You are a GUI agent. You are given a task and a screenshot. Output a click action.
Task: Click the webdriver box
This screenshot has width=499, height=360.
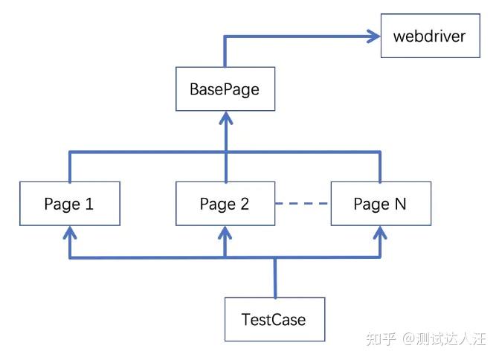pyautogui.click(x=431, y=36)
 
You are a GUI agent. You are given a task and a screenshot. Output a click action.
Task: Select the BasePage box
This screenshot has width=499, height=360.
pyautogui.click(x=225, y=89)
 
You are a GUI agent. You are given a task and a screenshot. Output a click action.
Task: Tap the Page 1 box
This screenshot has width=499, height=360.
pyautogui.click(x=70, y=204)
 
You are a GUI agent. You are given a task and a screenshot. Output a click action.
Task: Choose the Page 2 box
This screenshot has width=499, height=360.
pyautogui.click(x=225, y=204)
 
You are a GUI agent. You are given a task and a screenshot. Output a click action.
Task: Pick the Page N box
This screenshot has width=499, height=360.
pyautogui.click(x=381, y=204)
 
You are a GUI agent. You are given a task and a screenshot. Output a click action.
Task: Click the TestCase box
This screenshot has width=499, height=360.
pyautogui.click(x=274, y=319)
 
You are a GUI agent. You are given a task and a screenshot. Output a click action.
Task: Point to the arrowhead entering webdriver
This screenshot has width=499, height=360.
pyautogui.click(x=373, y=36)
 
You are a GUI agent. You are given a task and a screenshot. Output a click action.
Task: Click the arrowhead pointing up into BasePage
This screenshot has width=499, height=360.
pyautogui.click(x=226, y=118)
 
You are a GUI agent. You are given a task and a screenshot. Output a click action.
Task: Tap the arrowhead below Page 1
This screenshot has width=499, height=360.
pyautogui.click(x=70, y=233)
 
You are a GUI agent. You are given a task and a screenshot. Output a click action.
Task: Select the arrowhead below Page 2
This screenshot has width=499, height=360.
pyautogui.click(x=225, y=233)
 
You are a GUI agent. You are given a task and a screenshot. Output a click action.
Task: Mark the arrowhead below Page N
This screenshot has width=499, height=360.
pyautogui.click(x=380, y=233)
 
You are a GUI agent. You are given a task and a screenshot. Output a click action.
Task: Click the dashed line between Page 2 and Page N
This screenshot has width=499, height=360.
pyautogui.click(x=301, y=203)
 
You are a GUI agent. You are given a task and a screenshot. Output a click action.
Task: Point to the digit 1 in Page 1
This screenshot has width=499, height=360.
pyautogui.click(x=89, y=204)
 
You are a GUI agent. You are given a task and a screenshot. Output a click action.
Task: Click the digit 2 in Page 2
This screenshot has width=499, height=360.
pyautogui.click(x=245, y=204)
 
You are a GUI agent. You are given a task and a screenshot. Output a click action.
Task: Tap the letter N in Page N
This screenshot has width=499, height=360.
pyautogui.click(x=400, y=204)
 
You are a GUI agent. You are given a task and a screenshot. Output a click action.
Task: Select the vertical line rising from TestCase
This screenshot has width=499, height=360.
pyautogui.click(x=275, y=277)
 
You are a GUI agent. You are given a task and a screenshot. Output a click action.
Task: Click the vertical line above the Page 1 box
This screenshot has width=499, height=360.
pyautogui.click(x=70, y=167)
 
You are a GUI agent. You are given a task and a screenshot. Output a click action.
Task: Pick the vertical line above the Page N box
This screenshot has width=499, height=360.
pyautogui.click(x=380, y=167)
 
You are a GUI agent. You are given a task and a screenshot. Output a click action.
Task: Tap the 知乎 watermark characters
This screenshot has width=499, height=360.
pyautogui.click(x=381, y=338)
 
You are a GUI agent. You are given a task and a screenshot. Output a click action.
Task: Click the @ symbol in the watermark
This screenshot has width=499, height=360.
pyautogui.click(x=409, y=338)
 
